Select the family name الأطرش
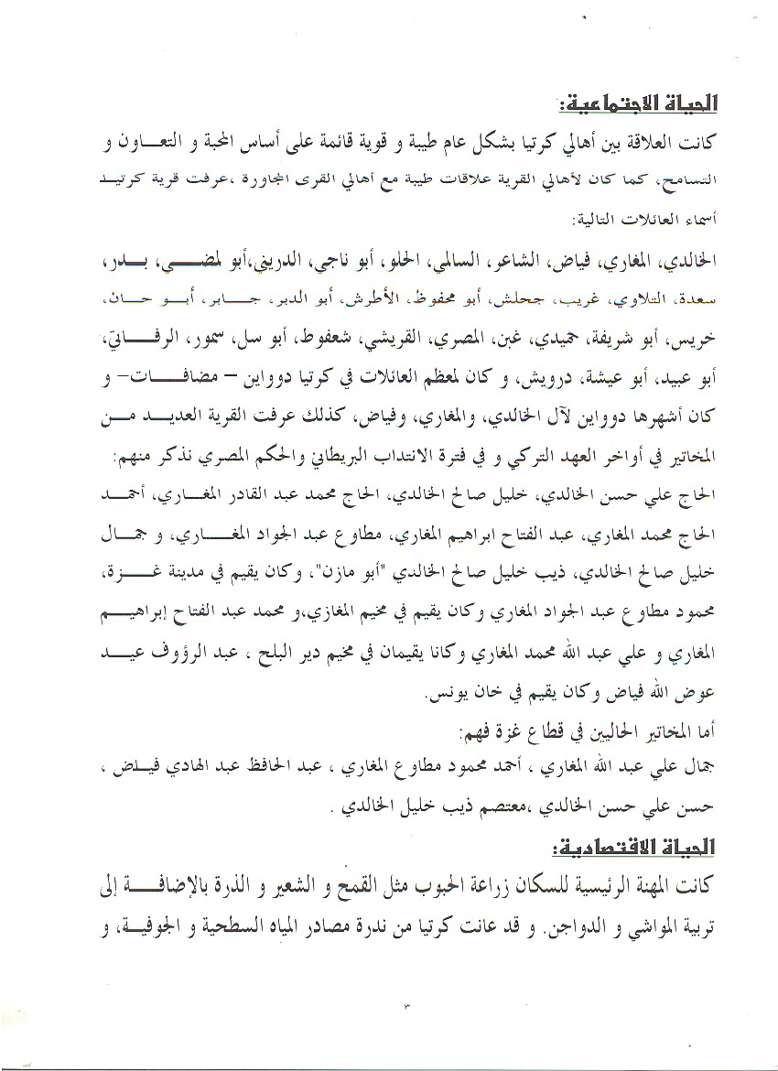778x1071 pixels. (448, 298)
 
